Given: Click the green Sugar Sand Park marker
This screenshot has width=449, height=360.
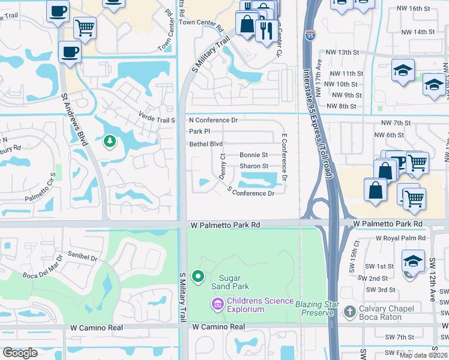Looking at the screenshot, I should (197, 277).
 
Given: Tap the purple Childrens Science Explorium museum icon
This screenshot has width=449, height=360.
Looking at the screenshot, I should (217, 305).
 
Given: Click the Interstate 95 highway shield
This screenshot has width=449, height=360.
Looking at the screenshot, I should (310, 35).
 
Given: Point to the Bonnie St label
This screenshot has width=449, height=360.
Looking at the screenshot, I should (254, 155).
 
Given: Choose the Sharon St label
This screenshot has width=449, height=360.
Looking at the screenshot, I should (254, 166).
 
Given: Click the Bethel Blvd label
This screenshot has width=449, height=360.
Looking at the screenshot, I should (206, 144).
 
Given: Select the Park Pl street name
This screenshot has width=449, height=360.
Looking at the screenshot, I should (199, 131).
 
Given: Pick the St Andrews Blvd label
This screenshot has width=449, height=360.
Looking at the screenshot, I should (74, 119).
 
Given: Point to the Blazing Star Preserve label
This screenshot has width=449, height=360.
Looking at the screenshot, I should (314, 308).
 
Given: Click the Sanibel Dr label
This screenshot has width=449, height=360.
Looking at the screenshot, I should (82, 257).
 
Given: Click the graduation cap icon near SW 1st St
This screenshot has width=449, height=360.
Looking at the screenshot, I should (413, 261).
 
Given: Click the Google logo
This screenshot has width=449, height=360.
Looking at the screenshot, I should (20, 353).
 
